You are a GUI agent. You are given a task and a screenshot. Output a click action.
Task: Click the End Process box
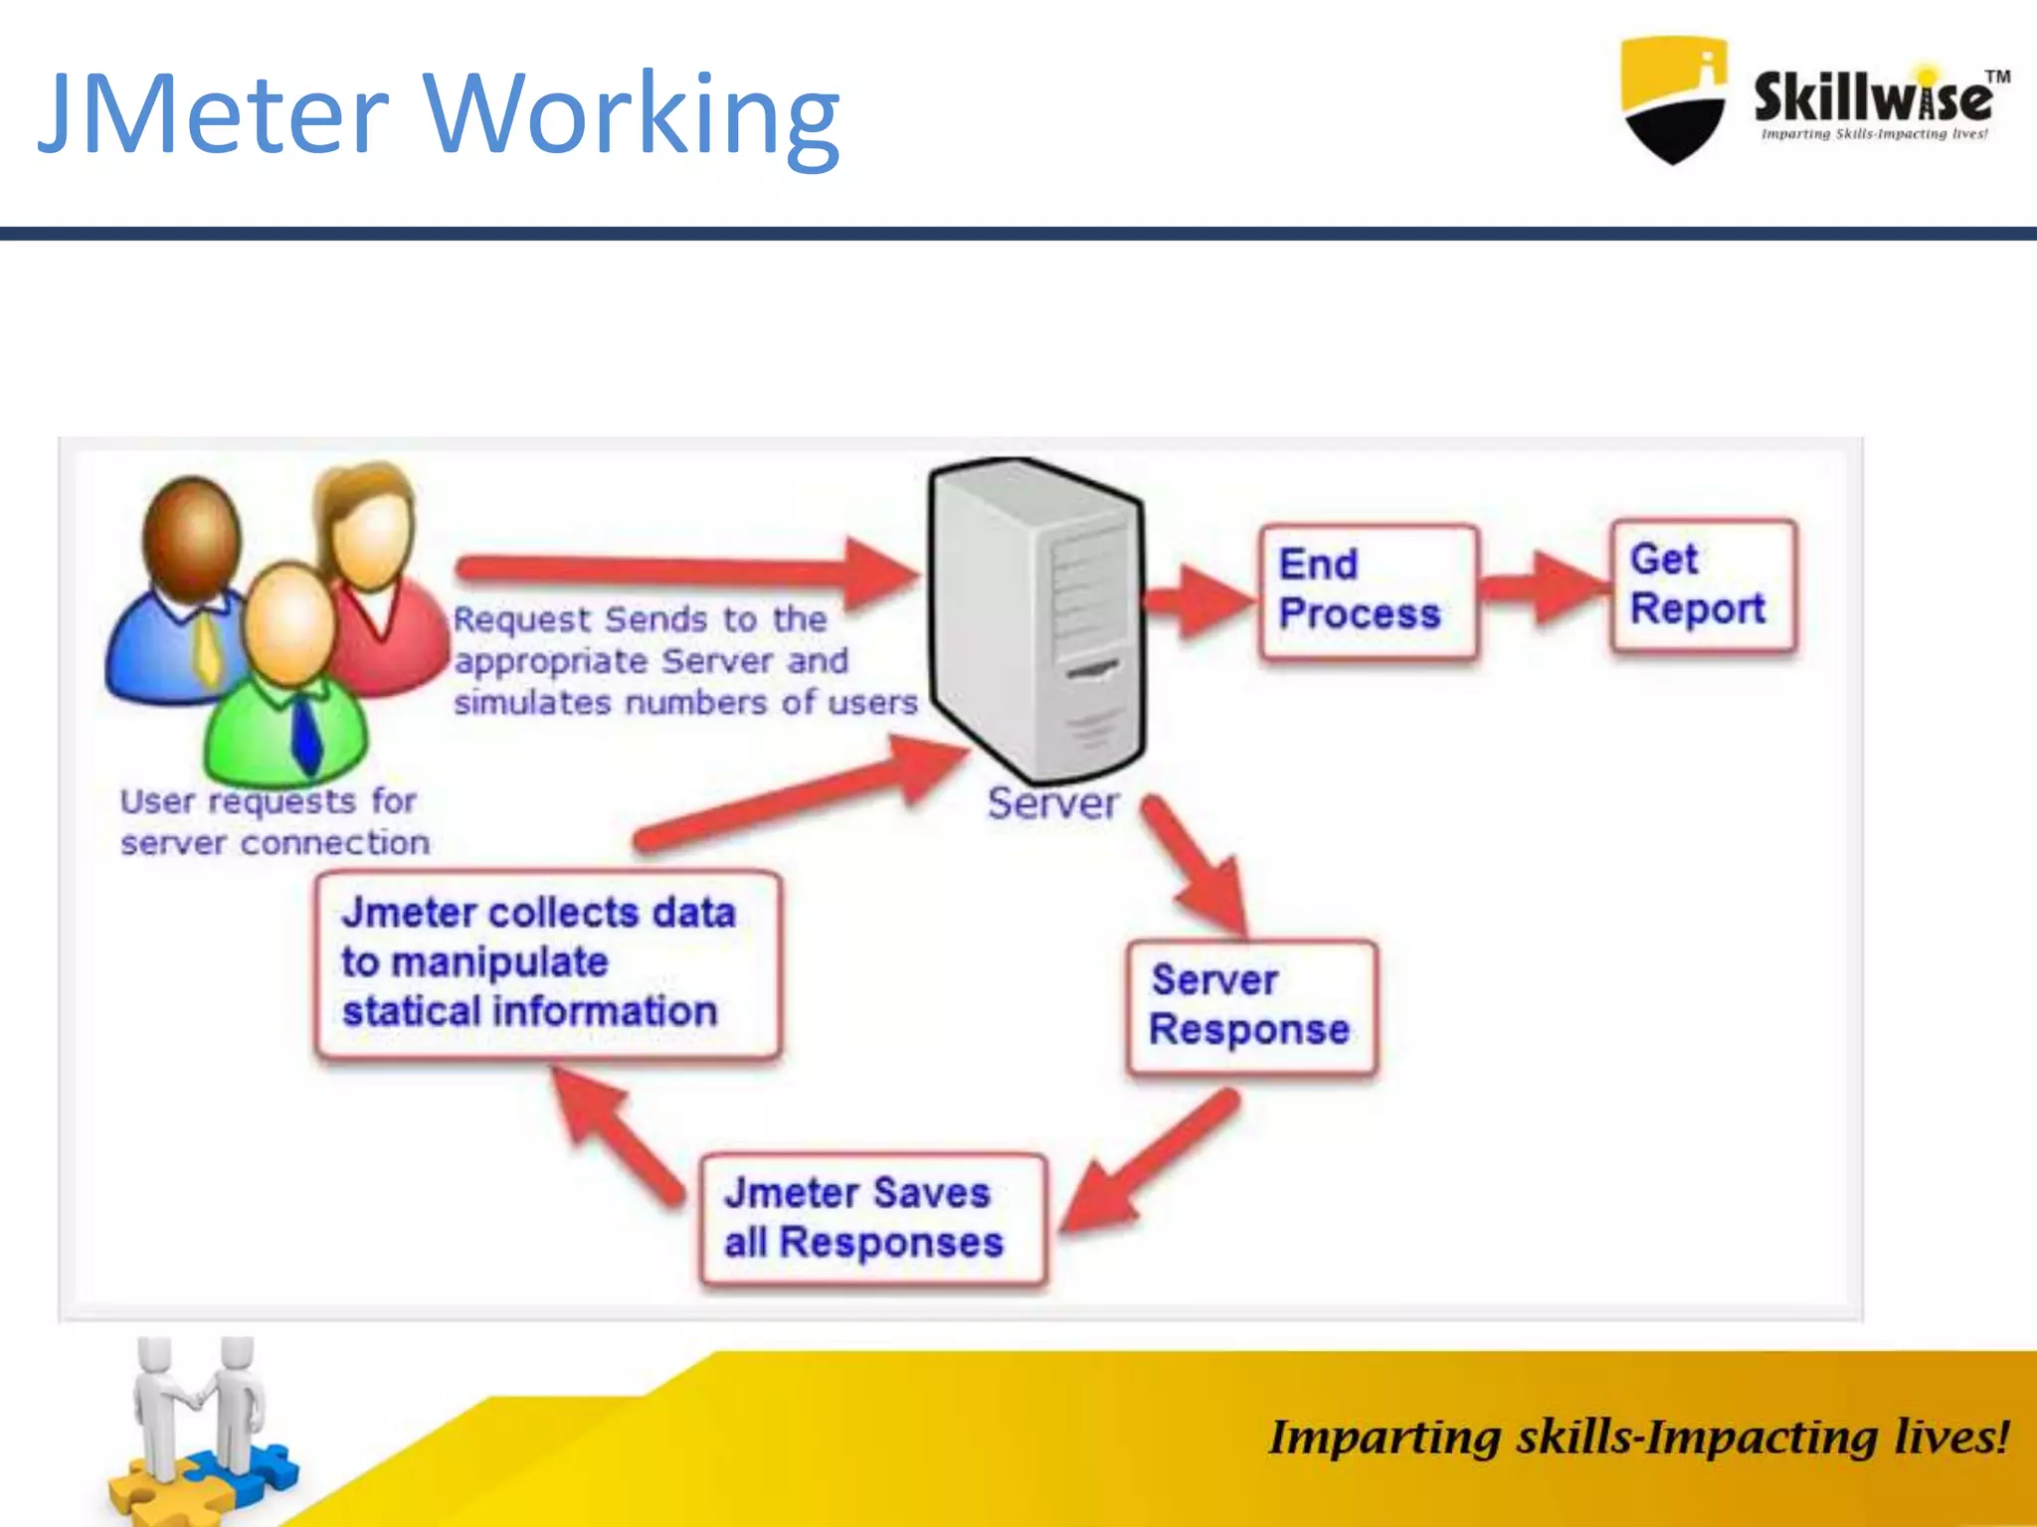[x=1368, y=592]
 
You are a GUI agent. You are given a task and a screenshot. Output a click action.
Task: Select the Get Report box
[x=1704, y=586]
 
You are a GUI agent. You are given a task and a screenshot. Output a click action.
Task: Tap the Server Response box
[x=1252, y=1006]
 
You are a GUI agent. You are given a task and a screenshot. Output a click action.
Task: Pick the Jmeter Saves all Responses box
[x=872, y=1219]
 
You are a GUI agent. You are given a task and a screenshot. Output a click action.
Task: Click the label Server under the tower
[x=1052, y=803]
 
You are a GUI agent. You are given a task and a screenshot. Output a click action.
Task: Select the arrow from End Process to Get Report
[x=1544, y=587]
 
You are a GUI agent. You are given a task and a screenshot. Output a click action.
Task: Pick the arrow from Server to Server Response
[x=1199, y=865]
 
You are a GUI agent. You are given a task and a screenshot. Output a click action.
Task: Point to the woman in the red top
[x=378, y=577]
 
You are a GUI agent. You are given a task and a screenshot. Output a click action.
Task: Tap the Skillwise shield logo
[x=1673, y=99]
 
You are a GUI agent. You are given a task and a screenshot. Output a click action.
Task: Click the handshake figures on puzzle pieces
[x=199, y=1432]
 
